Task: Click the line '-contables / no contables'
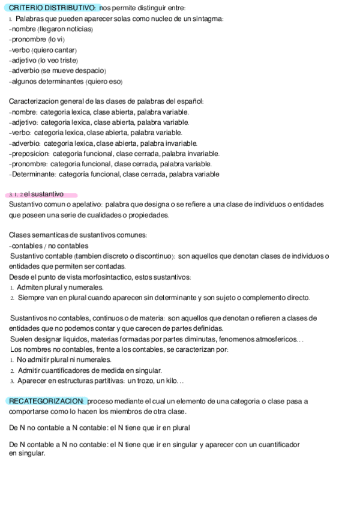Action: tap(49, 245)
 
